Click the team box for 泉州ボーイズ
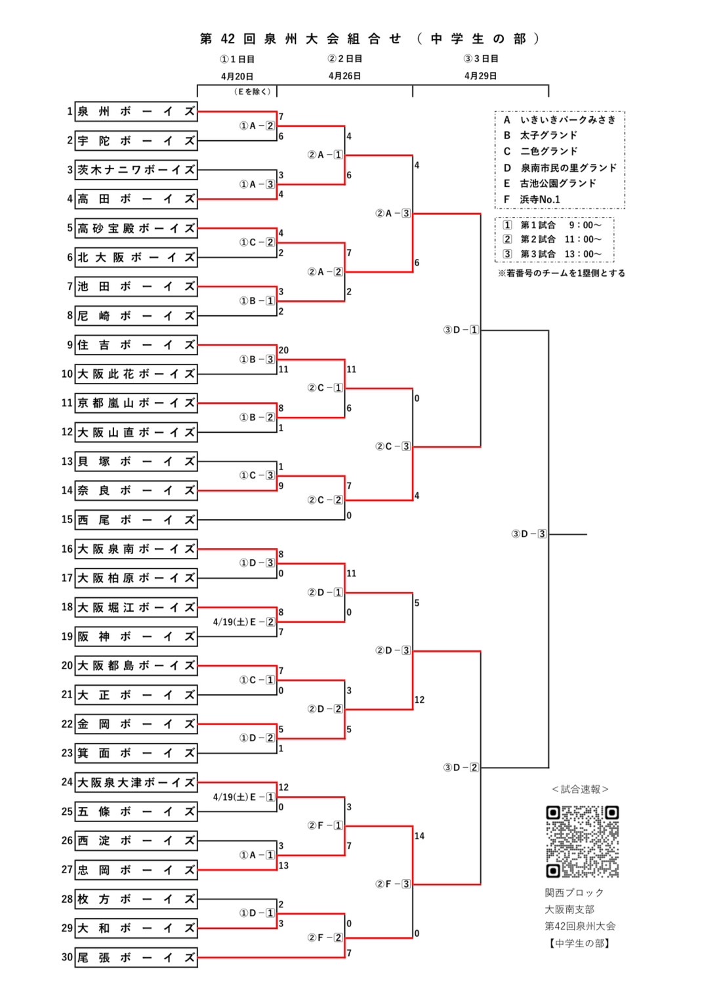136,111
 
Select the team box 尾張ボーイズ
136,957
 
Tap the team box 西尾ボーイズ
136,520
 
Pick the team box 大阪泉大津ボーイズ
136,782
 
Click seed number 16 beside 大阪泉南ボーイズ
67,549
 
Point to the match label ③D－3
529,534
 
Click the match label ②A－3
393,213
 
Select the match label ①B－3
257,359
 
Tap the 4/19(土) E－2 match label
244,622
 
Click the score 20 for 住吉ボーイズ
283,350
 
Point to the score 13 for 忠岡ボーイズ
283,865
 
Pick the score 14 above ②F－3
419,836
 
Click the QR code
583,842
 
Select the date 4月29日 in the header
480,76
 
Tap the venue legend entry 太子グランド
548,135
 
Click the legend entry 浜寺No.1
540,199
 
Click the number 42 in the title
228,39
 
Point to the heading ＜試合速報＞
580,789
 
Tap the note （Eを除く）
253,92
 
